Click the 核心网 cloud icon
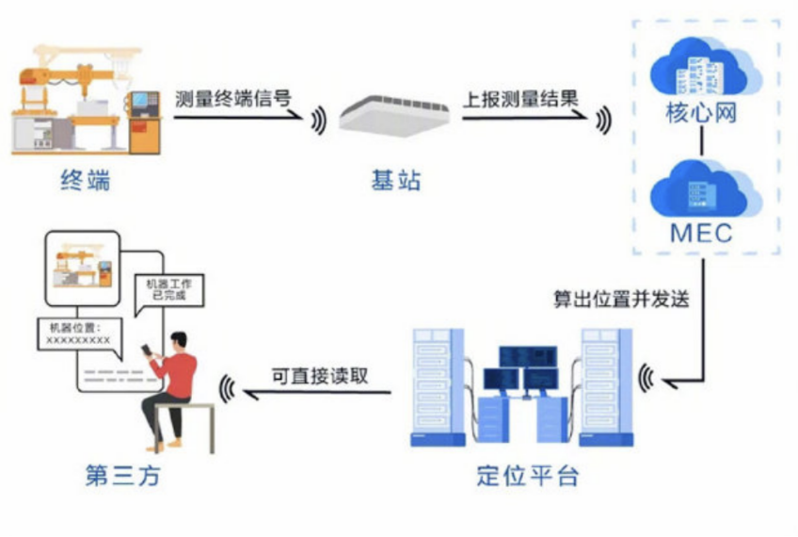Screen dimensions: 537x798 (x=700, y=65)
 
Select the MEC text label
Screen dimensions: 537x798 (x=700, y=233)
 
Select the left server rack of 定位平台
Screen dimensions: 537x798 (x=439, y=386)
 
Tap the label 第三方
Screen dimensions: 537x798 (x=122, y=477)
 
